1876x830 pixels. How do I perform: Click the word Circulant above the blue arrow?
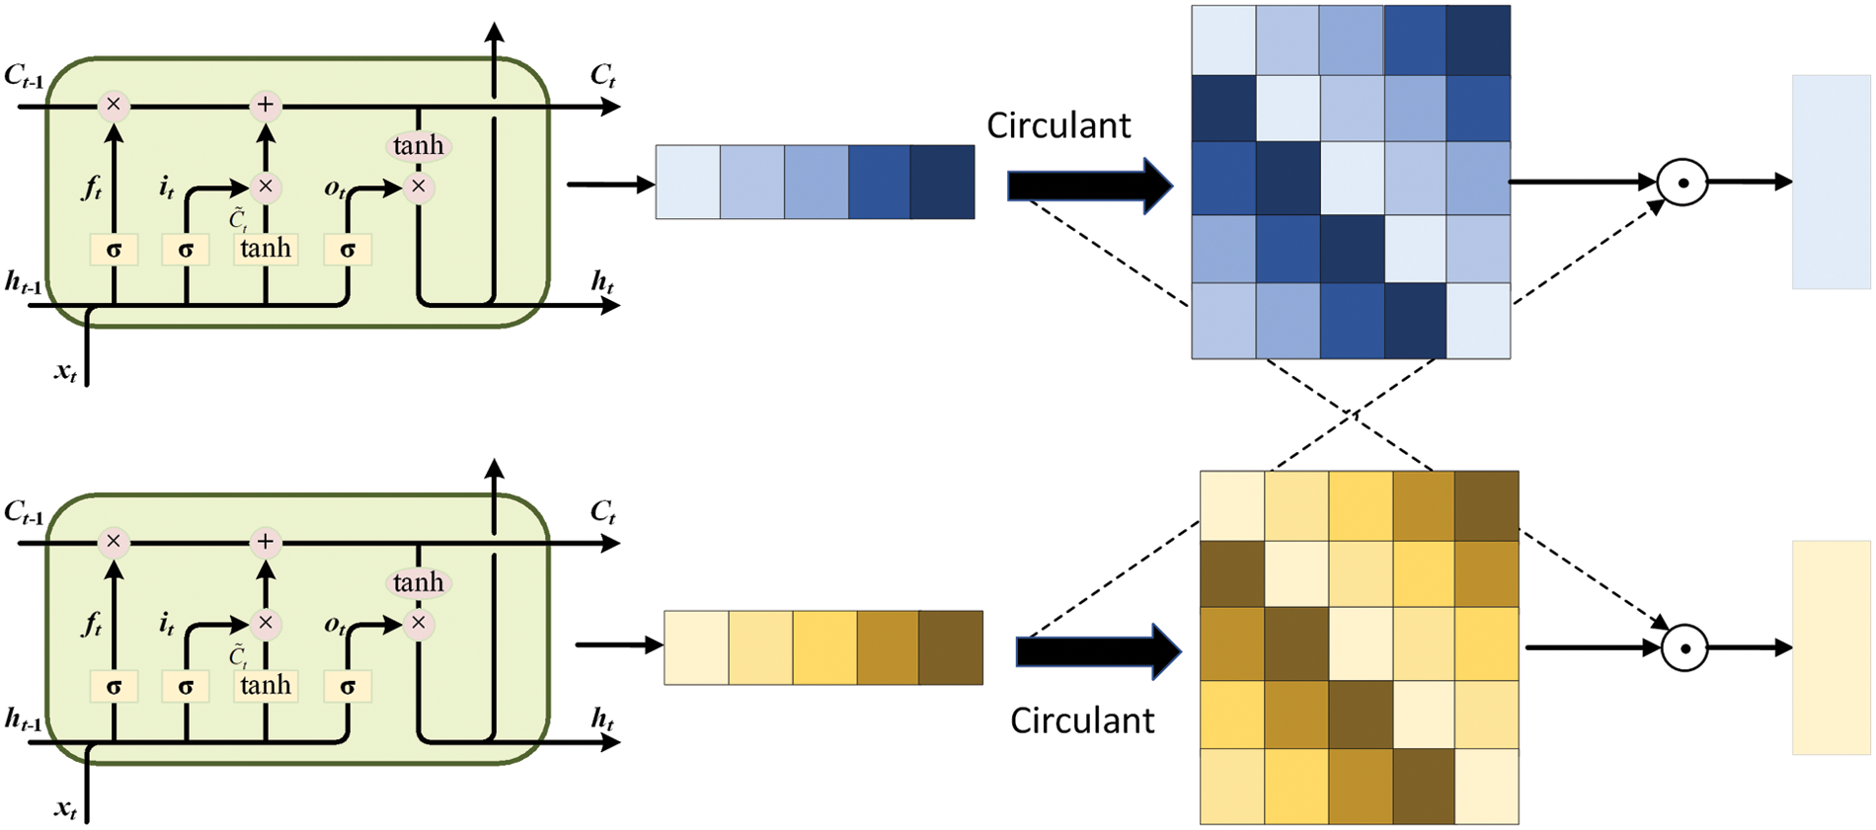click(x=1058, y=125)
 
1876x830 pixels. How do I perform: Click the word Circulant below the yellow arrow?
click(x=1081, y=720)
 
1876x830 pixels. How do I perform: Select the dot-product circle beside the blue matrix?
click(x=1682, y=183)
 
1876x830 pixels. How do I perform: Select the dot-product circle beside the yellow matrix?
click(x=1685, y=648)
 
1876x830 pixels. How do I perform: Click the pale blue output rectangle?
click(x=1831, y=182)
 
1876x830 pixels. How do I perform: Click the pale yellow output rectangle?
click(x=1831, y=647)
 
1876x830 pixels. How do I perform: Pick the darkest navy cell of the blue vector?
click(x=942, y=182)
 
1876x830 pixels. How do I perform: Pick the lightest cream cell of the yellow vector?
click(x=696, y=647)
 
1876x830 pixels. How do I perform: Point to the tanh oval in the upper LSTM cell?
click(x=419, y=146)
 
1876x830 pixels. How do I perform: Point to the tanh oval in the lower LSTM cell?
click(x=419, y=582)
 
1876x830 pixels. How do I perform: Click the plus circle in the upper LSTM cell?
click(x=265, y=105)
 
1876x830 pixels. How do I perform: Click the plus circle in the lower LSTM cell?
click(x=265, y=541)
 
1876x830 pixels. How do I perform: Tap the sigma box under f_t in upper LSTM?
click(x=114, y=250)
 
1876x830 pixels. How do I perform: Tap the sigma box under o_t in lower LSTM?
click(x=348, y=686)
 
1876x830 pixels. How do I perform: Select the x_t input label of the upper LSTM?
click(x=65, y=372)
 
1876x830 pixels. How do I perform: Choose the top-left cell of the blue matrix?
click(x=1223, y=40)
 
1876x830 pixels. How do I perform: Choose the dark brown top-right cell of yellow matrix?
click(x=1486, y=505)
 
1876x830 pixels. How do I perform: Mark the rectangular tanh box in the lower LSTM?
click(x=266, y=685)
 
